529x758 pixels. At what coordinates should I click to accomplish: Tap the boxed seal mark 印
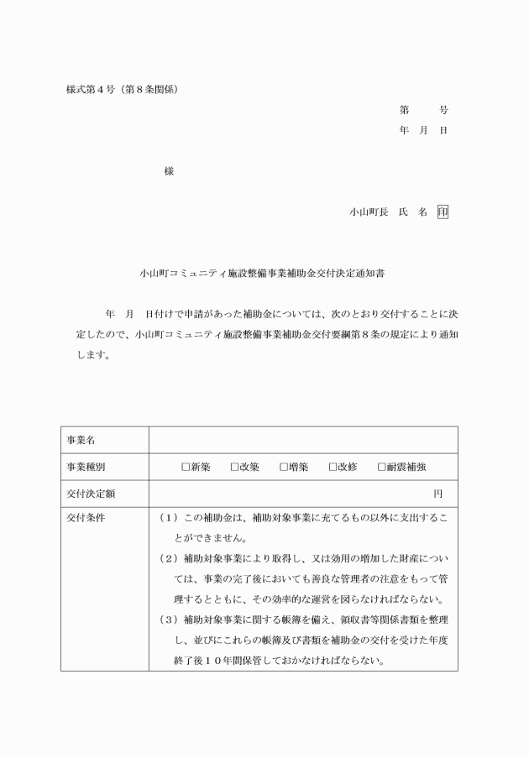pos(443,212)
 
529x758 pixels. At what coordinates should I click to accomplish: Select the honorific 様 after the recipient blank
pos(169,171)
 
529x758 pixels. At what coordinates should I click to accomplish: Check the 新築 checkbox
pos(186,467)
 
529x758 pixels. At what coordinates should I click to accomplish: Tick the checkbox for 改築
pos(235,467)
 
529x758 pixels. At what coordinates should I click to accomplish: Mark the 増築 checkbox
pos(284,467)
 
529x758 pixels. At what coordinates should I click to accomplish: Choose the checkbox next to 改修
pos(333,467)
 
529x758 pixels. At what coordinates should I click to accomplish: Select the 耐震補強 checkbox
pos(381,467)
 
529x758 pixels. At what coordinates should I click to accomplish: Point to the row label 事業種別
pos(86,467)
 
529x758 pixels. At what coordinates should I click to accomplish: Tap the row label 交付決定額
pos(91,493)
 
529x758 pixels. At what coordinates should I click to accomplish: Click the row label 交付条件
pos(86,518)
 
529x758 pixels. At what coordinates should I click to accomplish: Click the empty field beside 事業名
pos(303,440)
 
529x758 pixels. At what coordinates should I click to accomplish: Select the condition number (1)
pos(167,518)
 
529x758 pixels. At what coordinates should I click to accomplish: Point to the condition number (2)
pos(167,558)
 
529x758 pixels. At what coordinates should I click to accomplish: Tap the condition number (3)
pos(167,619)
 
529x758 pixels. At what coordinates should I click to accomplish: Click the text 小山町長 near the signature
pos(368,212)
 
